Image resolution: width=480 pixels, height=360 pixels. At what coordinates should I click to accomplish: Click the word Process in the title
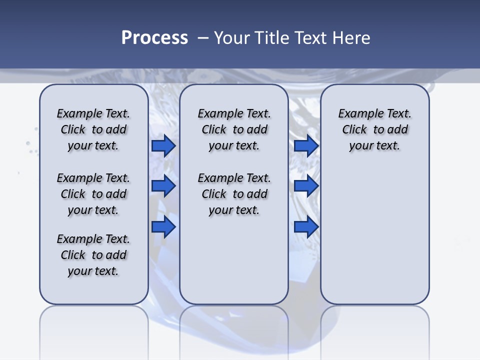click(x=154, y=38)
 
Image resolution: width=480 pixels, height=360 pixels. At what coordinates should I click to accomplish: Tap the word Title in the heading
click(x=271, y=38)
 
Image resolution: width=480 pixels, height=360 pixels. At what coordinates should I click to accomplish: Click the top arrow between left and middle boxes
click(x=163, y=145)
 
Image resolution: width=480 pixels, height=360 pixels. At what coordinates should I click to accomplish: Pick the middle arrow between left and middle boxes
click(x=163, y=186)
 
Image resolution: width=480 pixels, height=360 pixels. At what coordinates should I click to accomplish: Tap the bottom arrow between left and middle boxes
click(x=163, y=227)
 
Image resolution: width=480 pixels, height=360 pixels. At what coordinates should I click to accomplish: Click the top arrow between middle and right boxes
click(x=306, y=145)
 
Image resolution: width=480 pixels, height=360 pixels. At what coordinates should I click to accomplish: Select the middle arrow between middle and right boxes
click(x=306, y=186)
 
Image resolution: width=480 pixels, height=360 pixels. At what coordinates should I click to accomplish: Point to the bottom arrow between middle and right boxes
click(x=306, y=227)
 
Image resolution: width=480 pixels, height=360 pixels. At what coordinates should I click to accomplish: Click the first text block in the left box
click(x=93, y=129)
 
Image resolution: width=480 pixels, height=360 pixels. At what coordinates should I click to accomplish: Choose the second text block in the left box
click(x=93, y=194)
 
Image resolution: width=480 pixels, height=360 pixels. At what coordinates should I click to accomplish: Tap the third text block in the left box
click(x=93, y=255)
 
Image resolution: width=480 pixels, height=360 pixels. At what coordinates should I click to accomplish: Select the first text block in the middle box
click(x=234, y=129)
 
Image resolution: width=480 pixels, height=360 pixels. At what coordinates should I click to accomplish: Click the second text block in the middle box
click(x=234, y=194)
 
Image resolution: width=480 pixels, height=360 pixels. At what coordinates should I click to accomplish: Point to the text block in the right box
click(x=375, y=129)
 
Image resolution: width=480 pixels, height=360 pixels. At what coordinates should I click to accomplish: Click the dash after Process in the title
click(x=203, y=38)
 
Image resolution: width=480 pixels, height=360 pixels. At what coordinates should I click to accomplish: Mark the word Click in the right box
click(x=354, y=130)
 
